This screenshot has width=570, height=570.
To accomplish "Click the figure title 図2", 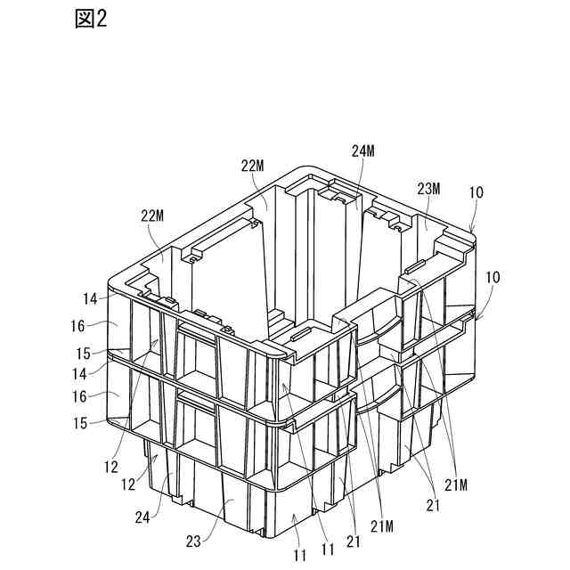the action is click(x=90, y=20).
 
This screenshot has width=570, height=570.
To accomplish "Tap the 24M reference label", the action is click(x=363, y=152).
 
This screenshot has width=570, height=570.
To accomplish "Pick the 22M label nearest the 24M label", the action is click(x=253, y=166).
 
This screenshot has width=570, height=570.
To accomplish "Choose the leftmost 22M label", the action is click(x=152, y=215).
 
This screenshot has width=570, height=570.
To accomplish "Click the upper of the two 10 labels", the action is click(x=478, y=192).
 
